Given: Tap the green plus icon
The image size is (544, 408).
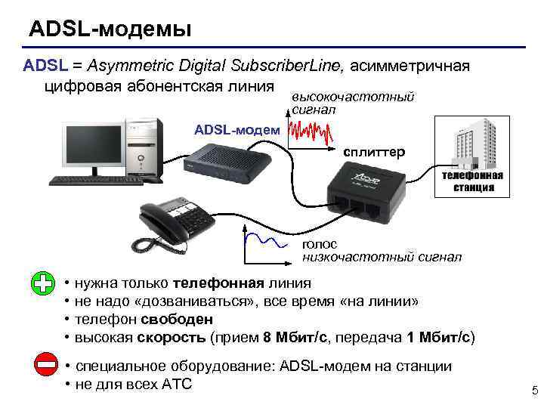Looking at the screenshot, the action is pyautogui.click(x=43, y=284).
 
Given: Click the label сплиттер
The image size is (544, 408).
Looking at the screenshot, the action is pyautogui.click(x=373, y=152).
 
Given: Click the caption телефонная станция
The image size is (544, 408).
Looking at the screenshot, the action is pyautogui.click(x=472, y=181).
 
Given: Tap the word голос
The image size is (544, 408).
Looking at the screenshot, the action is pyautogui.click(x=320, y=244).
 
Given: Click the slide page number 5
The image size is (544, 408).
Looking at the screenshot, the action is pyautogui.click(x=534, y=391).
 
